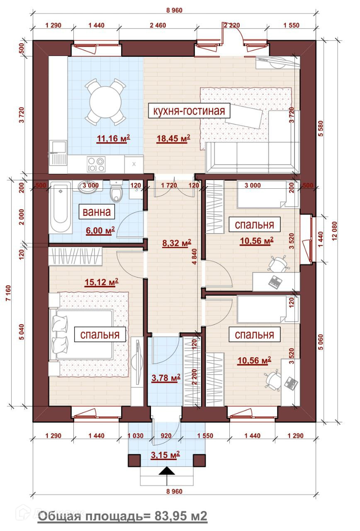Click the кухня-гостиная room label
point(189,111)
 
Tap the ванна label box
point(97,212)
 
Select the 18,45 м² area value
point(173,139)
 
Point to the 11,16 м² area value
point(113,139)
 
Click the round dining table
point(105,102)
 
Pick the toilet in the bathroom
point(116,190)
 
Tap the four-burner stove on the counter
point(96,164)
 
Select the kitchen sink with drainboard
point(58,153)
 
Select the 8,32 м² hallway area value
point(177,243)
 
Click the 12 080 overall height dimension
point(334,231)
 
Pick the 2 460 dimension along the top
point(158,25)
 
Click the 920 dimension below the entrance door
point(166,436)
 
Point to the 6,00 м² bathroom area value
point(100,230)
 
